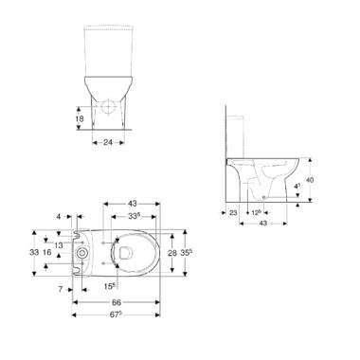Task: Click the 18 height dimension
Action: tap(80, 118)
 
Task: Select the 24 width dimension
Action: tap(108, 142)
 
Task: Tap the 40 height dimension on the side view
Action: tap(310, 180)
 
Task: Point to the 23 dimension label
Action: tap(233, 213)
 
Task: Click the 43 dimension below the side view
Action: tap(263, 224)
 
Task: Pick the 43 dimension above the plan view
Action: tap(133, 204)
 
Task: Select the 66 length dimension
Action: tap(117, 302)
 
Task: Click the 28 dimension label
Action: tap(171, 253)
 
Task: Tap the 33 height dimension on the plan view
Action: tap(34, 252)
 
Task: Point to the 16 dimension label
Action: tap(46, 252)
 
